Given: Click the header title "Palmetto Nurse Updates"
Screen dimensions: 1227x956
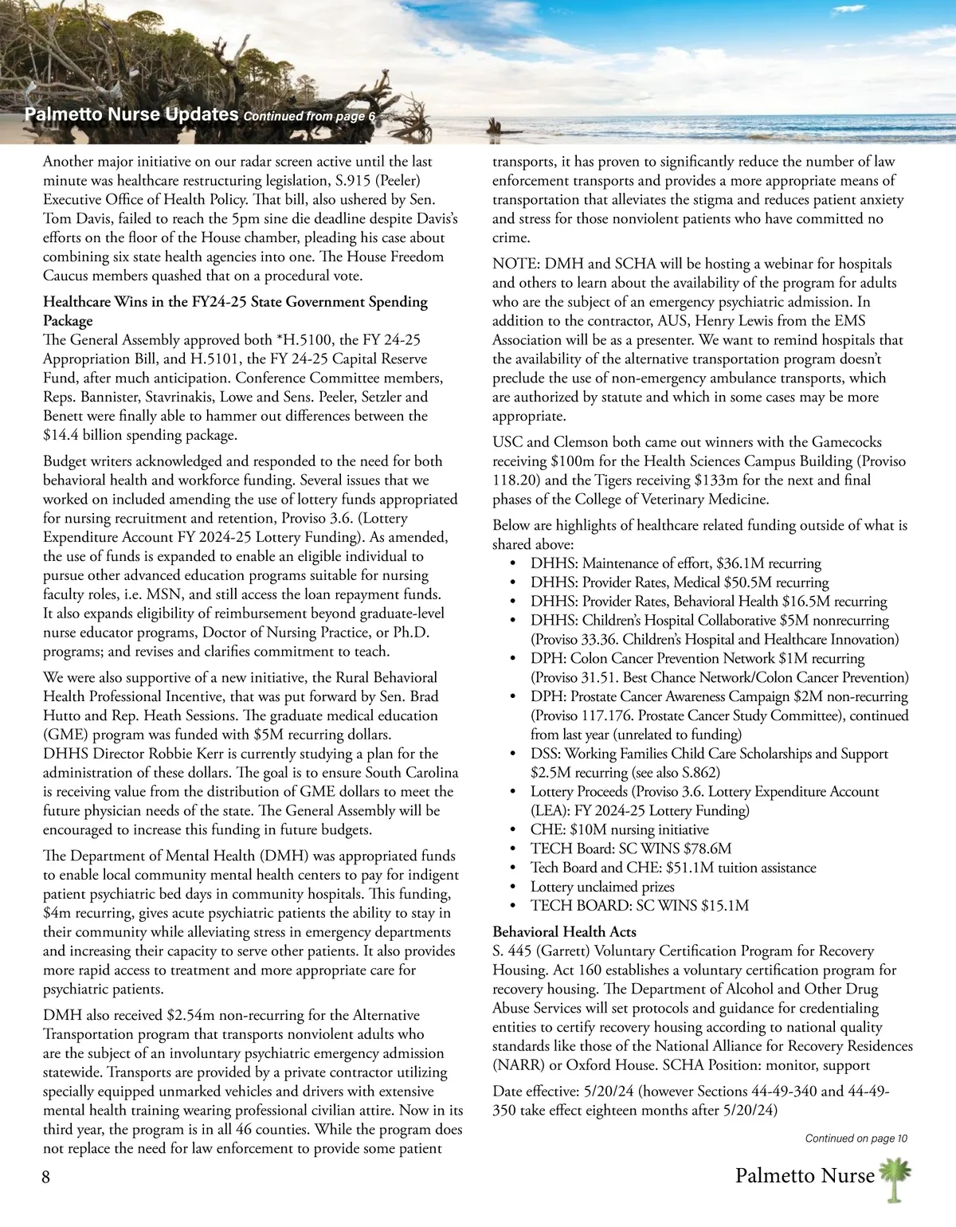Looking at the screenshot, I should (x=131, y=114).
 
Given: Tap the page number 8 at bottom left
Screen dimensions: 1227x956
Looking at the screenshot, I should (x=46, y=1177).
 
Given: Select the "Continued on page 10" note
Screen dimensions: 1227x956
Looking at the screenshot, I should (x=856, y=1139).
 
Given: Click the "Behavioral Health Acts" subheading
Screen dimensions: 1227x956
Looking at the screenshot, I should (x=564, y=931).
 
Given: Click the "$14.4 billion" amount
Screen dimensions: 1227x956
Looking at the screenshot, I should (x=82, y=435).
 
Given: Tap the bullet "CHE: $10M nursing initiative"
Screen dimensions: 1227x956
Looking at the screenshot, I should (x=619, y=829).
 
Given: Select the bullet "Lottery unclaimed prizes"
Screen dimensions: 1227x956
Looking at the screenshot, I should (x=602, y=887).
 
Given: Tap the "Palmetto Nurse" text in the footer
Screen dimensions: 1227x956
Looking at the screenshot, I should (x=805, y=1176).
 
